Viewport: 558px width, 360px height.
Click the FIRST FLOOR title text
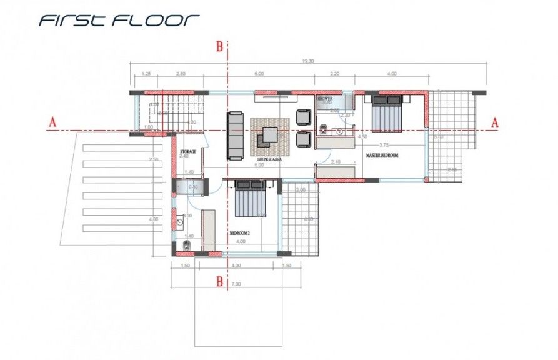[119, 20]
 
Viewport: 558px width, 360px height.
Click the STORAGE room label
[188, 151]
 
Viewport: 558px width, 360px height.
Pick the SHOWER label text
[325, 99]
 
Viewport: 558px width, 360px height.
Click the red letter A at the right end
[495, 122]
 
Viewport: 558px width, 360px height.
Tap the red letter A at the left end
[53, 123]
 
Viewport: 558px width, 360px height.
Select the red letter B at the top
[219, 46]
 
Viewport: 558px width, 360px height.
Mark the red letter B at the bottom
[219, 281]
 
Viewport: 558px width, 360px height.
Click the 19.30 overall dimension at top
[307, 61]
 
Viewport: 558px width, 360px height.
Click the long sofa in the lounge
[235, 134]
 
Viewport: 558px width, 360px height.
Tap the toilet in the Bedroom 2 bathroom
[186, 244]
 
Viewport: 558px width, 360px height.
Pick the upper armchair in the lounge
[303, 117]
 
